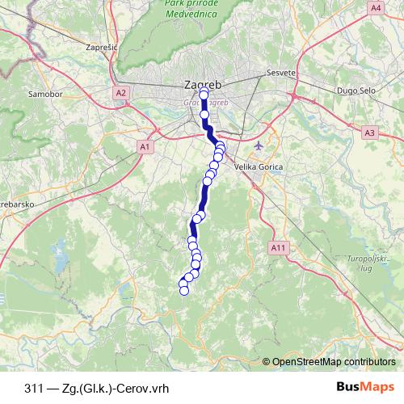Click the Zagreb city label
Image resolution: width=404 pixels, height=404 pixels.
pyautogui.click(x=202, y=83)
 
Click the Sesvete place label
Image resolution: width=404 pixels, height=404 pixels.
pyautogui.click(x=282, y=73)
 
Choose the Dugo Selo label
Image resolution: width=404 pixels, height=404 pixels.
pyautogui.click(x=354, y=90)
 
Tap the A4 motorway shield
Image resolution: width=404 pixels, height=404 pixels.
pyautogui.click(x=375, y=7)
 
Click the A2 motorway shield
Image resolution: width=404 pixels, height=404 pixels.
pyautogui.click(x=120, y=93)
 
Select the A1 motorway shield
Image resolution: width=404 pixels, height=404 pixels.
pyautogui.click(x=145, y=146)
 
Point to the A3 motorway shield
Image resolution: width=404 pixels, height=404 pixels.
pyautogui.click(x=370, y=133)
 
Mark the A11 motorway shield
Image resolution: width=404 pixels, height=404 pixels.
pyautogui.click(x=279, y=246)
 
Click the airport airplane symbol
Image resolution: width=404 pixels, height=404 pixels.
pyautogui.click(x=258, y=146)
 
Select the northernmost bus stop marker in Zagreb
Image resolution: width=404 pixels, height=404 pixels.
pyautogui.click(x=204, y=95)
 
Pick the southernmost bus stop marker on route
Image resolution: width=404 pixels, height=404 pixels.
pyautogui.click(x=183, y=291)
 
